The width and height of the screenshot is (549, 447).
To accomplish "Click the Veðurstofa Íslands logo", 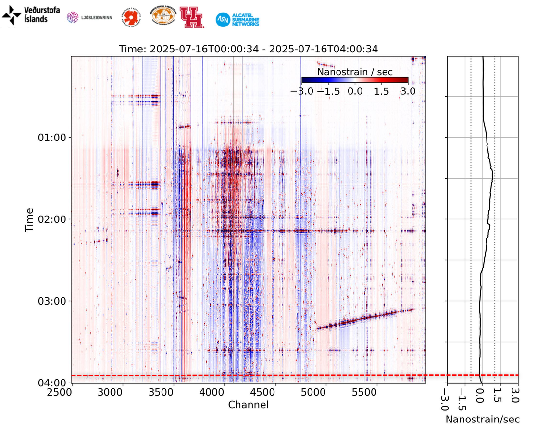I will click(x=31, y=15).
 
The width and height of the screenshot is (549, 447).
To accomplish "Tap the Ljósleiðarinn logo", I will click(x=89, y=17).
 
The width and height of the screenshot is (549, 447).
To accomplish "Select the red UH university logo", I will click(x=191, y=17).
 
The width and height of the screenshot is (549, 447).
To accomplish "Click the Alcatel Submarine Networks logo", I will click(x=237, y=19).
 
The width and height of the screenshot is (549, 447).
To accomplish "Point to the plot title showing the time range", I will click(x=248, y=49).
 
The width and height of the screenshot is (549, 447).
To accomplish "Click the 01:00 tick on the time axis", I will click(x=54, y=138).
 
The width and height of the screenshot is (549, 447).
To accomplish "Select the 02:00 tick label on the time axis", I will click(x=54, y=219).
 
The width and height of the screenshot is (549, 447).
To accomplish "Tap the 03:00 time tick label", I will click(x=54, y=301).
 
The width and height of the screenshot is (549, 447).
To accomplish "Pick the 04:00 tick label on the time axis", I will click(x=54, y=383).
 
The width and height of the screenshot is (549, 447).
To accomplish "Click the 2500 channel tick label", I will click(x=72, y=393).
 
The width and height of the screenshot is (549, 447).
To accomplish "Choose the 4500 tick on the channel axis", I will click(x=275, y=393).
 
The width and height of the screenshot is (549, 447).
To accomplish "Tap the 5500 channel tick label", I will click(x=376, y=393).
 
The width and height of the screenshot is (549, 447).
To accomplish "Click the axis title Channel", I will click(x=248, y=405).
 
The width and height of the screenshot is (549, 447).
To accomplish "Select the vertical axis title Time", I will click(x=30, y=219).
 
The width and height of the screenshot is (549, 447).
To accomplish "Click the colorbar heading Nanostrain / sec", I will click(x=355, y=72).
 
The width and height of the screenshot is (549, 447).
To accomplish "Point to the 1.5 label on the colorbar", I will click(x=381, y=91).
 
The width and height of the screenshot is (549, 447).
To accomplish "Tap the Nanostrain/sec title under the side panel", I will click(x=482, y=420).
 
